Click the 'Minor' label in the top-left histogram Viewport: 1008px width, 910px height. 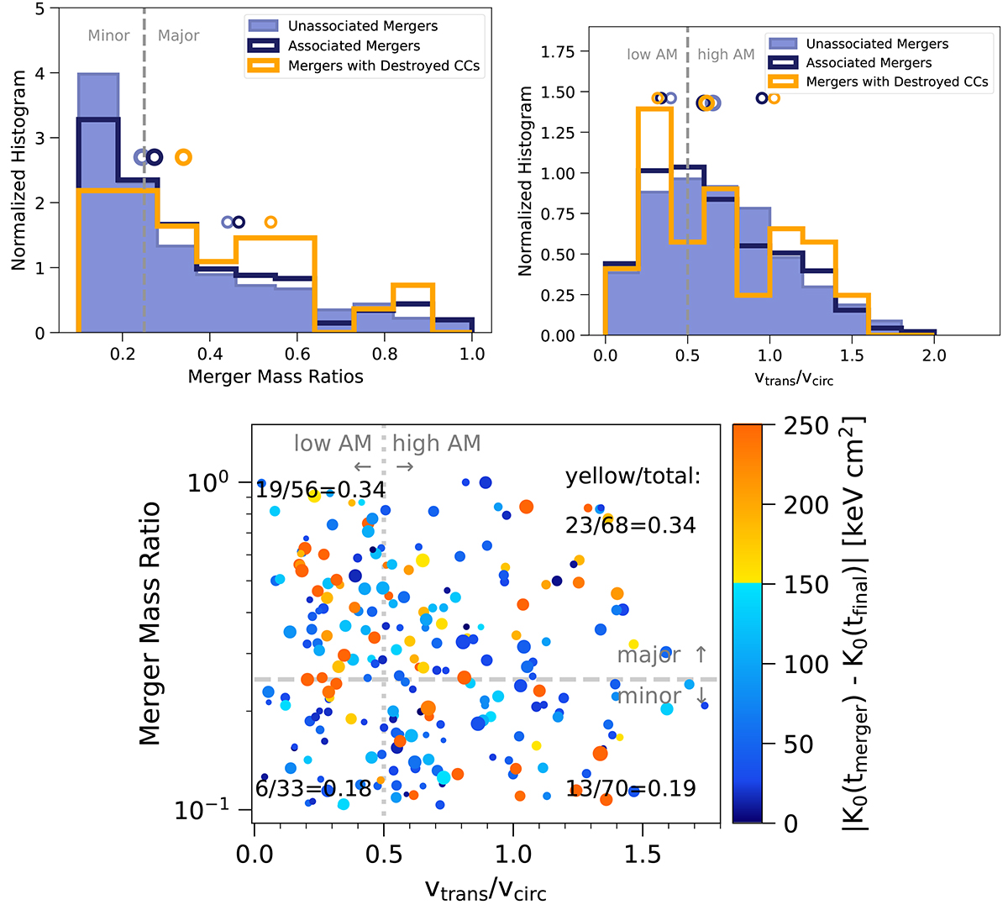(108, 35)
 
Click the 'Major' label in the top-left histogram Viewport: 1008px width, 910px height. (178, 35)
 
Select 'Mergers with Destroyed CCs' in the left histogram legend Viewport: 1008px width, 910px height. (384, 66)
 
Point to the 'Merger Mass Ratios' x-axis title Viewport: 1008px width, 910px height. (276, 376)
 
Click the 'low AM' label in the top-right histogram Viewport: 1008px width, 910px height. (652, 55)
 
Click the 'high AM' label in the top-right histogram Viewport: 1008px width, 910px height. (726, 55)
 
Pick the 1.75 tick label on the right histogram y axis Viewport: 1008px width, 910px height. (559, 52)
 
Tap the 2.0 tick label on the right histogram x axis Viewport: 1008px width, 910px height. (933, 355)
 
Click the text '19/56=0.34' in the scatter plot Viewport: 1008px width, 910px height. (321, 489)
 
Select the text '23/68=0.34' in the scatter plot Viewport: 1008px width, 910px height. (631, 525)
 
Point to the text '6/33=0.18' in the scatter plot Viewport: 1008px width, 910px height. (312, 788)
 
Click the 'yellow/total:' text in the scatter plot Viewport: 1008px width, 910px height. (633, 476)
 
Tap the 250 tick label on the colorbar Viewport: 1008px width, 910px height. (806, 426)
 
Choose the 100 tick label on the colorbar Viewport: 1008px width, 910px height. (806, 665)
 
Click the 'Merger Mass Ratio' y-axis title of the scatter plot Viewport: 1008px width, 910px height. (150, 623)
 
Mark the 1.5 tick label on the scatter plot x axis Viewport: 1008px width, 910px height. (643, 855)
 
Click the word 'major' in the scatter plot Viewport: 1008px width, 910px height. (648, 655)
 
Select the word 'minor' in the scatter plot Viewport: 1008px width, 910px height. (648, 696)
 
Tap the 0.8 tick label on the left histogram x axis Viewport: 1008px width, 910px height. (385, 354)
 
